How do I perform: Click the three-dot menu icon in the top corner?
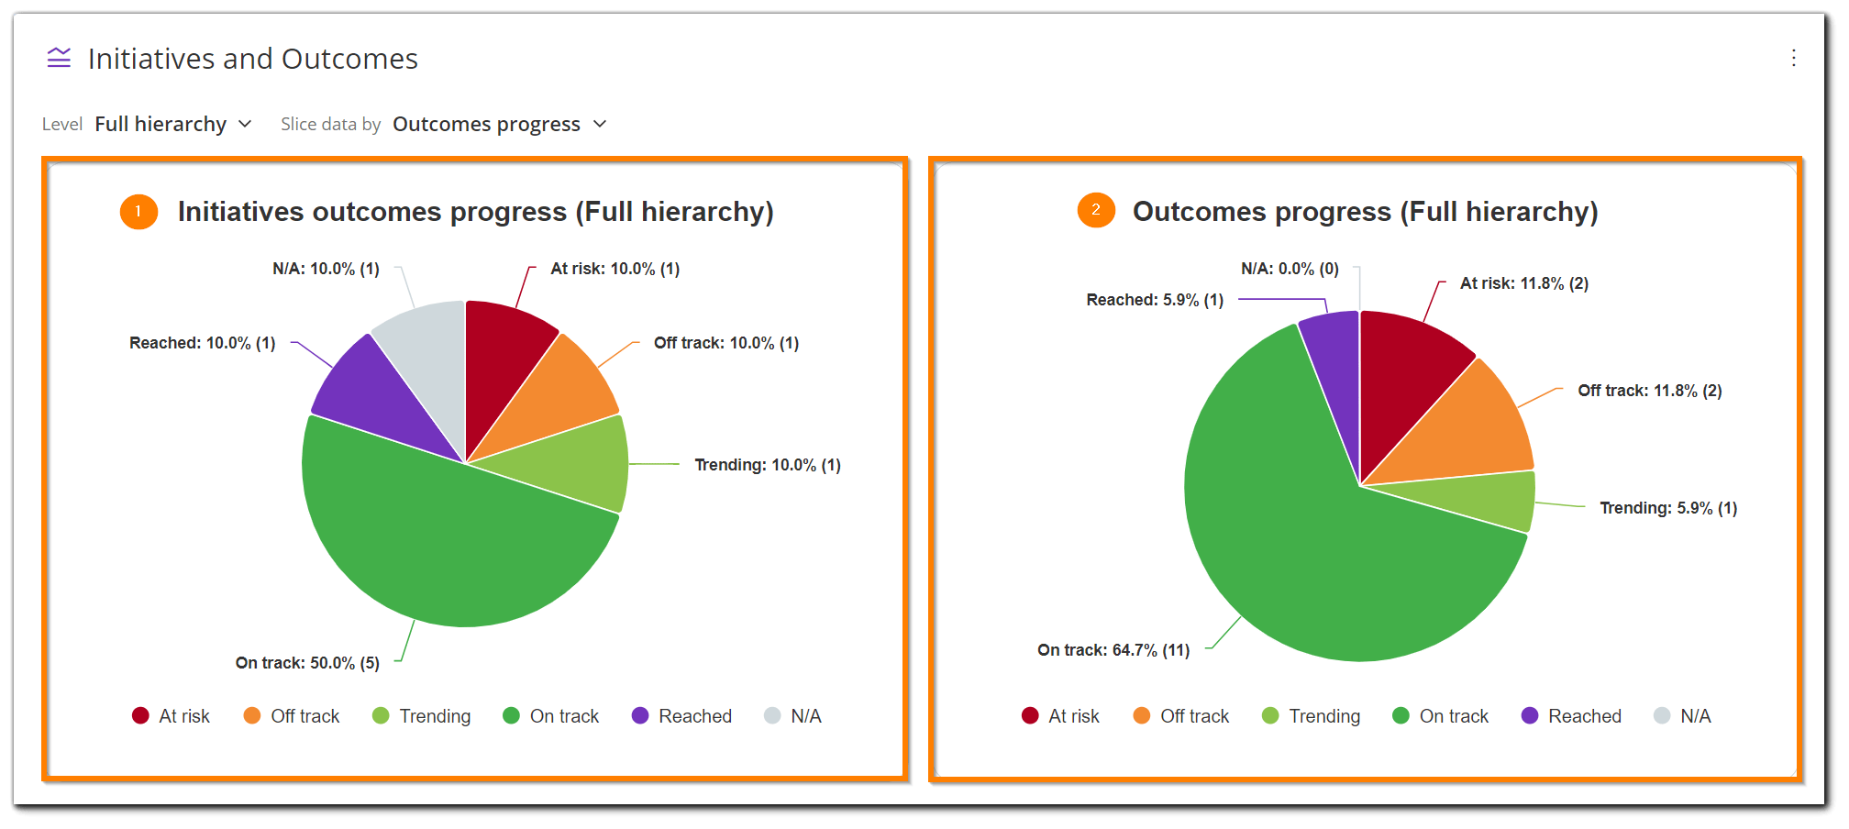pos(1793,59)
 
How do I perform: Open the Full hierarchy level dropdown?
pos(173,124)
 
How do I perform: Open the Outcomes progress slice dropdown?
pos(499,124)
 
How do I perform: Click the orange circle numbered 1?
pos(138,212)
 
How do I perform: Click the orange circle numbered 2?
pos(1095,211)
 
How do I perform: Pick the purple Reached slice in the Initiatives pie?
pos(367,394)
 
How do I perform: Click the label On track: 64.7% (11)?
pos(1113,650)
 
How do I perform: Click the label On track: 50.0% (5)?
pos(307,663)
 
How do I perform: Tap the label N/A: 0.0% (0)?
pos(1290,269)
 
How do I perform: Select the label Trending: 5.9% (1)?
pos(1668,508)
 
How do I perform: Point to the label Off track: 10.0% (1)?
pos(725,343)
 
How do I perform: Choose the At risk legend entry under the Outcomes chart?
pos(1060,716)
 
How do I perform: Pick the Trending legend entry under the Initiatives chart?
pos(422,716)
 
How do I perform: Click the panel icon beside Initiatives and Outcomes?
pos(59,59)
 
